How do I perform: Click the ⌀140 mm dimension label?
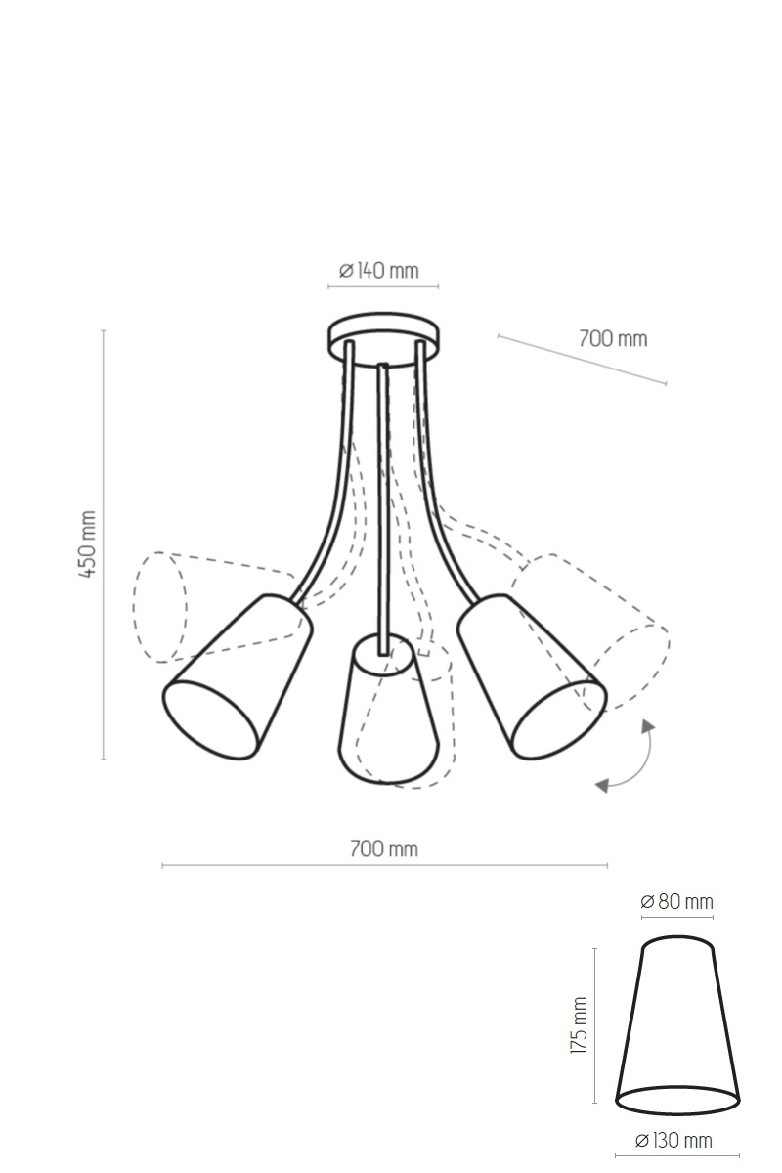379,270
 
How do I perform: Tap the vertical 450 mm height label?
87,544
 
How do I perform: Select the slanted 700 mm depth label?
613,339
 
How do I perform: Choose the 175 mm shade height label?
580,1025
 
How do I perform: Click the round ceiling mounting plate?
383,338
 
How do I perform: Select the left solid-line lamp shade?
238,677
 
